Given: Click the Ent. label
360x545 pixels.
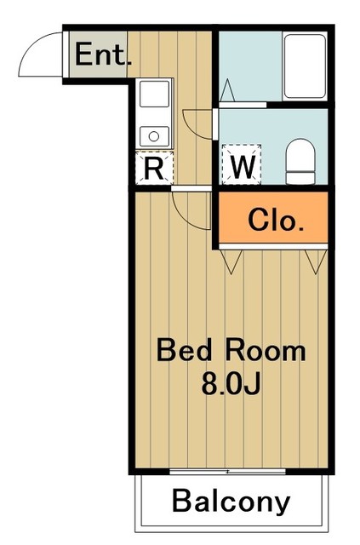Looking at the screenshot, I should click(103, 56).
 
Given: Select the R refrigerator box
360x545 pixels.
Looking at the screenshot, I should click(154, 167).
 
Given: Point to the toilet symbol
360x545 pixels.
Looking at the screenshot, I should click(300, 162).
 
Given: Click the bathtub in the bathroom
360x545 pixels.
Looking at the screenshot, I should click(305, 66).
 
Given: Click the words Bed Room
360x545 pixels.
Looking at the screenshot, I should click(230, 350).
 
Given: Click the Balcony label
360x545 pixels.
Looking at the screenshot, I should click(231, 502).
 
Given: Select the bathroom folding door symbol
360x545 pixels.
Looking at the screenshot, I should click(228, 89).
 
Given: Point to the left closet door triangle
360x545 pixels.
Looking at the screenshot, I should click(232, 260).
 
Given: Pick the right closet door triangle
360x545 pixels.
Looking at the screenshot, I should click(312, 261).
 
